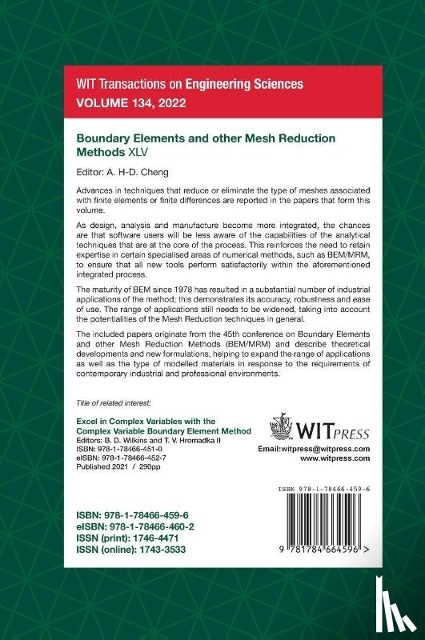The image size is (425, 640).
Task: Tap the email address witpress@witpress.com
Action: pos(314,450)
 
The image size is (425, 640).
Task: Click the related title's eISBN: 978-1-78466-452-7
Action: pos(116,459)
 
